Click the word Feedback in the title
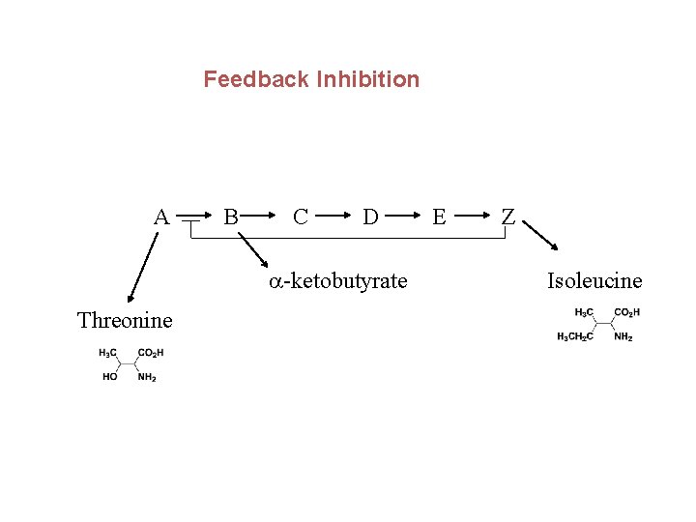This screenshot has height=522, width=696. pos(256,79)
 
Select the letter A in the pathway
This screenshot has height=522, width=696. pos(161,217)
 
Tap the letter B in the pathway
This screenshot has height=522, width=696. pos(231,217)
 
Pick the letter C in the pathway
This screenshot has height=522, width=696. pos(301,217)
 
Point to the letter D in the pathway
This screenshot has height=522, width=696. pos(370,217)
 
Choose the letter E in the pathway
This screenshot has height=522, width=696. pos(440,217)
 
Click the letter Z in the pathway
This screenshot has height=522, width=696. pos(509,217)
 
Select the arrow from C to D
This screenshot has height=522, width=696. pos(334,217)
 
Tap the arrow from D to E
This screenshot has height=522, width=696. pos(404,217)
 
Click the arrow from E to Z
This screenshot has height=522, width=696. pos(474,217)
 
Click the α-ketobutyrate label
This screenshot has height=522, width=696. pos(338,281)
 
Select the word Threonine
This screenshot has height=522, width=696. pos(125,320)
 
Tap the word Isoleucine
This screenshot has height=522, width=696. pos(594,281)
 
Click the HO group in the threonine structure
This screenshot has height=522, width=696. pos(110,377)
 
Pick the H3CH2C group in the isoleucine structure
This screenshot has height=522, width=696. pos(574,336)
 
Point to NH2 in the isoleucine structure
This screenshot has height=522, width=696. pos(623,336)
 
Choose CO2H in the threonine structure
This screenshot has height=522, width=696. pos(151,353)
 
